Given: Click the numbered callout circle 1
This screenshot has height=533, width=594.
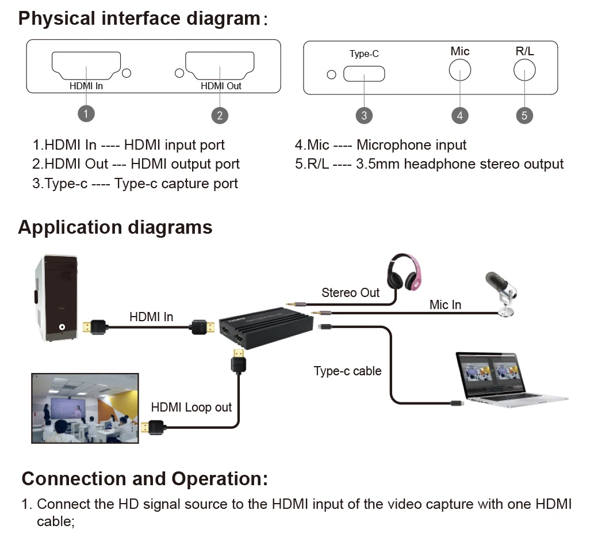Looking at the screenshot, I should [x=86, y=113].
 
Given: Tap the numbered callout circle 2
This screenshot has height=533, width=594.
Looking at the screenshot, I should [x=220, y=115].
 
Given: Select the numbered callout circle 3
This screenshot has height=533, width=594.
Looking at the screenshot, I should [x=364, y=115].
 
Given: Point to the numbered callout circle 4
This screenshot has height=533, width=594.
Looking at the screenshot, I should [x=459, y=115].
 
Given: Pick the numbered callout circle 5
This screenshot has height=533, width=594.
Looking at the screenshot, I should [x=524, y=115].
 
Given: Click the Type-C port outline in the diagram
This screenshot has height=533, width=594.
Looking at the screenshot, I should [x=364, y=74].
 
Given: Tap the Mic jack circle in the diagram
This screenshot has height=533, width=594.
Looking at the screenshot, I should [x=459, y=70].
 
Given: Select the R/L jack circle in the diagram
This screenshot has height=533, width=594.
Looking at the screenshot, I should [x=524, y=70].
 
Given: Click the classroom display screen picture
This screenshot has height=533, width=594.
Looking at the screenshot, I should [x=85, y=408].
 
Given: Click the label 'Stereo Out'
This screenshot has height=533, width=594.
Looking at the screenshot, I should [x=350, y=292].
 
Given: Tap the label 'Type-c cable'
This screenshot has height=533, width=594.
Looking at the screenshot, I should [x=347, y=371].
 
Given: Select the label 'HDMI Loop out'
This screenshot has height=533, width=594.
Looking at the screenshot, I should [x=191, y=408].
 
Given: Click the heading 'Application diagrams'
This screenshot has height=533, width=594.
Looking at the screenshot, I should [x=115, y=227].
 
